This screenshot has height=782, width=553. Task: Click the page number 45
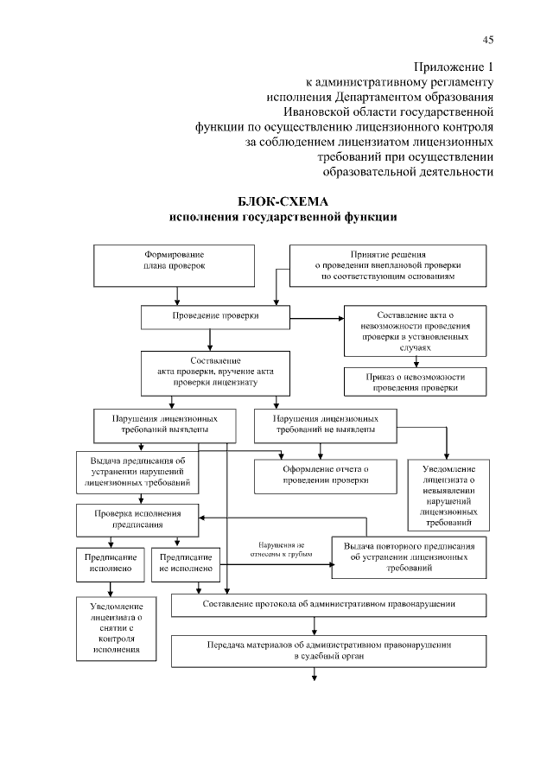[x=487, y=39]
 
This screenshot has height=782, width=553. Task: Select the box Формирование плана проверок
[x=175, y=264]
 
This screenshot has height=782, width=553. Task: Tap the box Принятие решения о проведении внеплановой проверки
[x=386, y=265]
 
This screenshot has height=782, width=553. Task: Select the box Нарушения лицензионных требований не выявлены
[x=326, y=423]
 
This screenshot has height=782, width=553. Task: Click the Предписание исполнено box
[x=107, y=563]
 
